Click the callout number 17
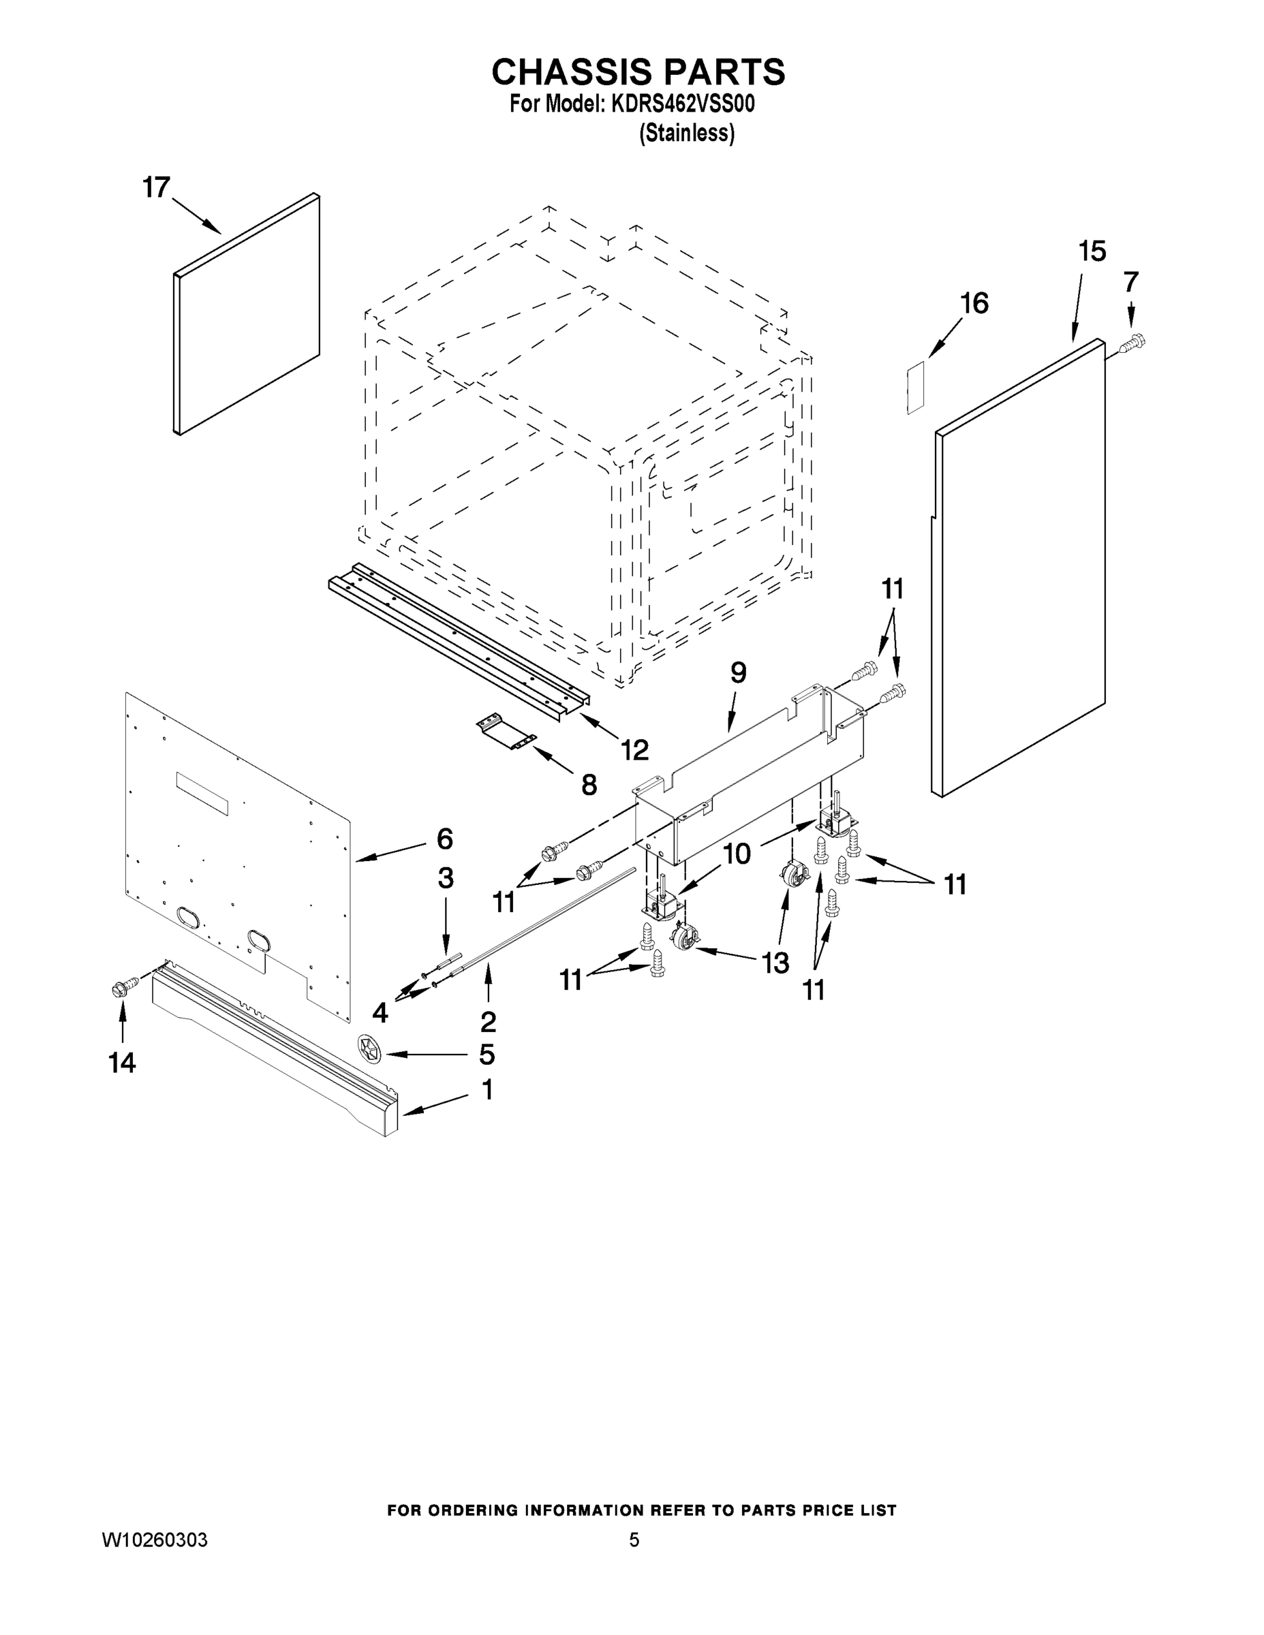click(x=157, y=187)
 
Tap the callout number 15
click(x=1092, y=251)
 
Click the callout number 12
click(x=634, y=749)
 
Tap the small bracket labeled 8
click(x=506, y=734)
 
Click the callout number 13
click(x=775, y=963)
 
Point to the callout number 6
click(x=445, y=839)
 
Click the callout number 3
click(x=446, y=877)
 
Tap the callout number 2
click(x=489, y=1021)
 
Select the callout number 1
click(x=487, y=1090)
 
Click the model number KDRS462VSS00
click(x=682, y=104)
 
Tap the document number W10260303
click(x=154, y=1540)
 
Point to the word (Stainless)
click(x=686, y=134)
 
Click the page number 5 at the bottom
click(x=634, y=1540)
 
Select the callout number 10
click(x=737, y=854)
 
